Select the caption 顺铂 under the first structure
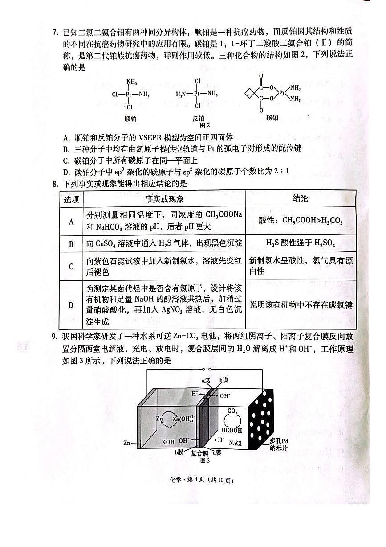(130, 118)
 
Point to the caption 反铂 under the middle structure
(198, 118)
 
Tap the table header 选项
(71, 198)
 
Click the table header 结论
(300, 198)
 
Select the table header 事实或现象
(164, 198)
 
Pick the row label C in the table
(71, 267)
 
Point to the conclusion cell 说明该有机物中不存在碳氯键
(301, 305)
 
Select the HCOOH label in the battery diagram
(233, 431)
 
